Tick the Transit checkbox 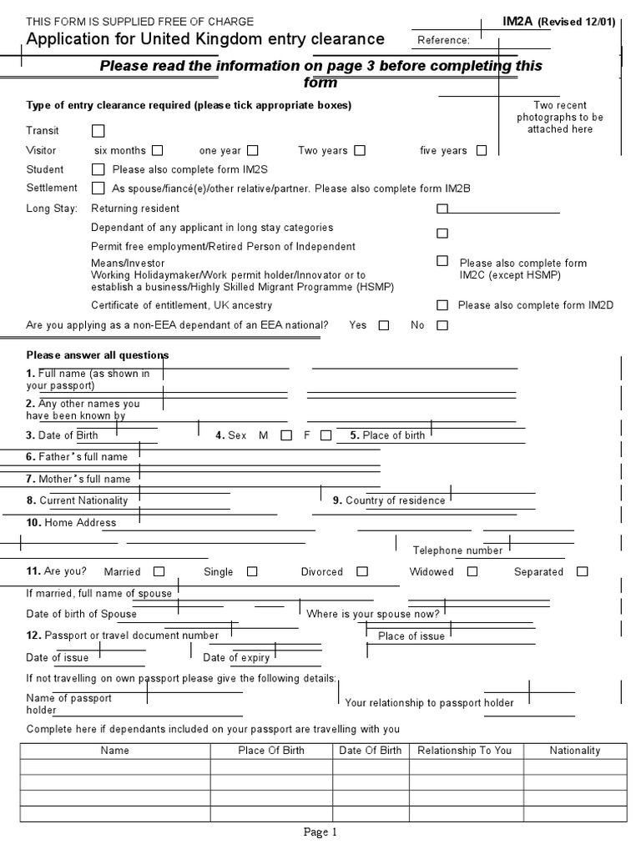pyautogui.click(x=98, y=131)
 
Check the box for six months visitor pyautogui.click(x=157, y=151)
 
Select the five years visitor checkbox pyautogui.click(x=482, y=151)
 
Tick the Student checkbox pyautogui.click(x=98, y=170)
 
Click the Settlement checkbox pyautogui.click(x=98, y=188)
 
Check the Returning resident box pyautogui.click(x=442, y=208)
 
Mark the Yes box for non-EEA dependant pyautogui.click(x=384, y=326)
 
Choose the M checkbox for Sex pyautogui.click(x=286, y=435)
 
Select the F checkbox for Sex pyautogui.click(x=326, y=435)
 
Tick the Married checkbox pyautogui.click(x=159, y=572)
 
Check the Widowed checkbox pyautogui.click(x=472, y=572)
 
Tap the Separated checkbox pyautogui.click(x=582, y=572)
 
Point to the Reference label pyautogui.click(x=443, y=40)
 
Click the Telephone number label pyautogui.click(x=457, y=550)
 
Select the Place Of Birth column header pyautogui.click(x=271, y=751)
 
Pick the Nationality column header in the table pyautogui.click(x=574, y=751)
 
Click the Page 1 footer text pyautogui.click(x=320, y=831)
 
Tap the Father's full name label pyautogui.click(x=77, y=457)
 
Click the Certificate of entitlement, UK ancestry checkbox pyautogui.click(x=442, y=305)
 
